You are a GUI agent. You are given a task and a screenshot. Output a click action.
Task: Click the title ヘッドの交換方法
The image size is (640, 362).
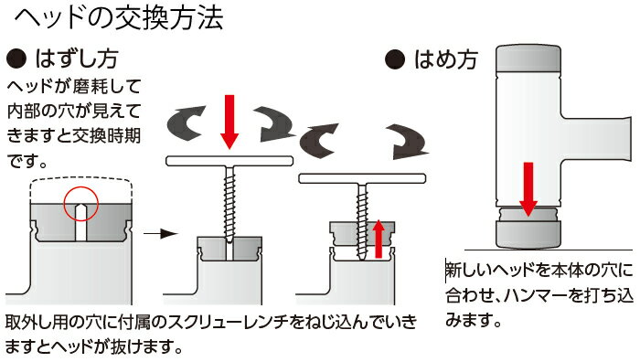(x=118, y=18)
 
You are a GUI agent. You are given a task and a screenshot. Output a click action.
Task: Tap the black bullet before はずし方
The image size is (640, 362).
(x=16, y=59)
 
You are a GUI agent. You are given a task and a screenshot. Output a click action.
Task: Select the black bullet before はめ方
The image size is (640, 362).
(x=395, y=59)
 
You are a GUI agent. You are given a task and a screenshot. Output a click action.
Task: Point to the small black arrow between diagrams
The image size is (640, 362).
(x=160, y=234)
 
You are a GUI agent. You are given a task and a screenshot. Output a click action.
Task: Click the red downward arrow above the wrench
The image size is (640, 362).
(x=229, y=122)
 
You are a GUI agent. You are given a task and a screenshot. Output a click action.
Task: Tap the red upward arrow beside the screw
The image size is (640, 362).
(x=379, y=239)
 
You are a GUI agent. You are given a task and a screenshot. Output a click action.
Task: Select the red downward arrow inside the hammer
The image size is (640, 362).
(x=528, y=189)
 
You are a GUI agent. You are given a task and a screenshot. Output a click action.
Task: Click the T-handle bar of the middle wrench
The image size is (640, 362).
(x=229, y=161)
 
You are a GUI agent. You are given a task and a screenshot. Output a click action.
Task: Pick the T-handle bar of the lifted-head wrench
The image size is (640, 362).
(x=362, y=178)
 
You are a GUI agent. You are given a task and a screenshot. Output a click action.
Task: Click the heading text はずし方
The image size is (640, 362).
(x=77, y=59)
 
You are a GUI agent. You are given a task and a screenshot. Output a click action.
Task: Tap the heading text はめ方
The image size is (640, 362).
(x=446, y=59)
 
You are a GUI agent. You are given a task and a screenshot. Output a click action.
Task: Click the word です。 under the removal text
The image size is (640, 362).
(x=27, y=161)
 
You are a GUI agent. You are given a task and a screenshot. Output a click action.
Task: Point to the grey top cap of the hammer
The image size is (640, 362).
(x=528, y=58)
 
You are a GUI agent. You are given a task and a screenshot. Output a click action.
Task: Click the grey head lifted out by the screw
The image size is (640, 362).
(x=362, y=235)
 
